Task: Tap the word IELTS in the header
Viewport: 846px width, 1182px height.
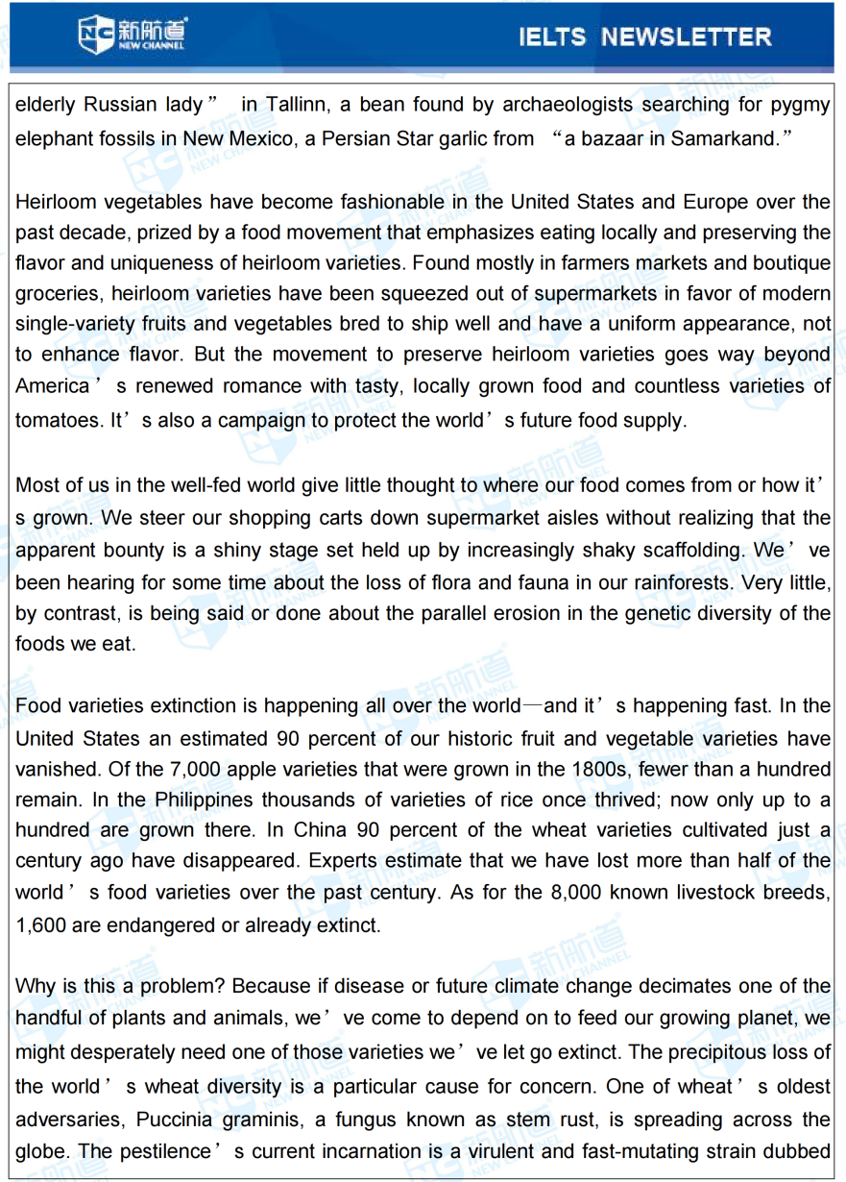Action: [x=552, y=37]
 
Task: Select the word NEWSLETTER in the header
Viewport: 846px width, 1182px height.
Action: [x=686, y=37]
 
